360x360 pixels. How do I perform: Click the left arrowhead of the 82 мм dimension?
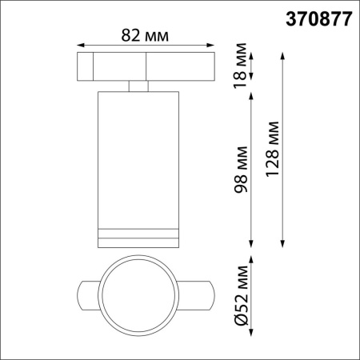(x=80, y=45)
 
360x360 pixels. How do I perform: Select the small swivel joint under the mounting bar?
(x=137, y=86)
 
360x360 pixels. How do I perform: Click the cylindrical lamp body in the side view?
(x=137, y=160)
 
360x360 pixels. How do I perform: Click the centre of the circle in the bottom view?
(x=137, y=299)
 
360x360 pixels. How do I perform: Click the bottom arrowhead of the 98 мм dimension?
(x=253, y=246)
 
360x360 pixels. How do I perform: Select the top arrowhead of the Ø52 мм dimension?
(x=253, y=260)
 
